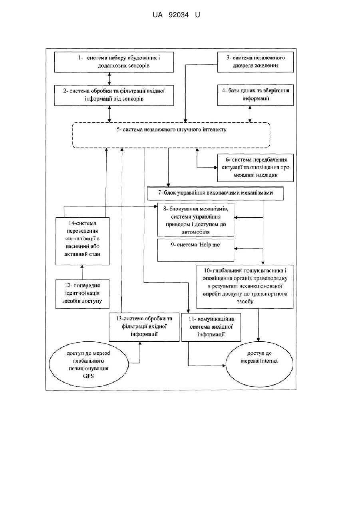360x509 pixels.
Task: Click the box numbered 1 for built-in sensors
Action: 114,62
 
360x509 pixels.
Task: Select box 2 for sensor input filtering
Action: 114,95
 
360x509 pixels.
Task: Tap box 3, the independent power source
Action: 255,62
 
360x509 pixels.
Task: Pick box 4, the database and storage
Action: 255,95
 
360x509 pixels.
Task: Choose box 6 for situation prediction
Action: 255,168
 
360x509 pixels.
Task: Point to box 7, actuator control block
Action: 215,194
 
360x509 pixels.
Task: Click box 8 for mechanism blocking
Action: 195,220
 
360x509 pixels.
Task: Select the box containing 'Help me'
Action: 195,250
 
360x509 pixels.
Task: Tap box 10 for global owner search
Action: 245,287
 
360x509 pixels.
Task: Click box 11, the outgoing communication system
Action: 211,327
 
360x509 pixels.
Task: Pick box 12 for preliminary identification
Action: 82,294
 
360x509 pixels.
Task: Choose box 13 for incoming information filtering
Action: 144,327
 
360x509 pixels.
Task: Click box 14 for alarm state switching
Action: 82,241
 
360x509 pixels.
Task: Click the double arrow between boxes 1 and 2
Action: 109,79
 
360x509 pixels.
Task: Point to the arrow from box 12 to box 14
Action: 82,272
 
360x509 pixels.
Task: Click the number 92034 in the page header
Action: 179,15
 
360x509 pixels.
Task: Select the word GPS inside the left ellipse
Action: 88,376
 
